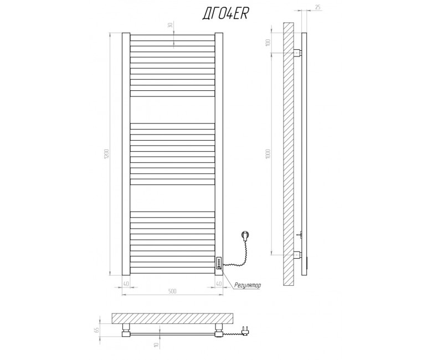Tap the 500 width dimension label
point(172,291)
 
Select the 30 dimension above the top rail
point(170,25)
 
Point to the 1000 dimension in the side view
point(269,153)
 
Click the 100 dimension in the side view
point(269,43)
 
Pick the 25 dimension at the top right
point(317,7)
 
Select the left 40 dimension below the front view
point(126,284)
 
